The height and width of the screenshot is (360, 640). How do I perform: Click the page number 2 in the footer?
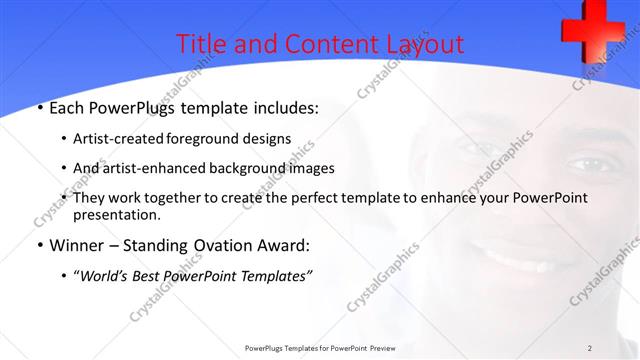pyautogui.click(x=589, y=347)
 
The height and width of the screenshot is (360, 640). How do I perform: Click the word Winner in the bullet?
pyautogui.click(x=76, y=246)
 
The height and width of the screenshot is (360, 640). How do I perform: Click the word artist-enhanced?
pyautogui.click(x=147, y=168)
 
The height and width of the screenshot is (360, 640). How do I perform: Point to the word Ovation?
pyautogui.click(x=213, y=246)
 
